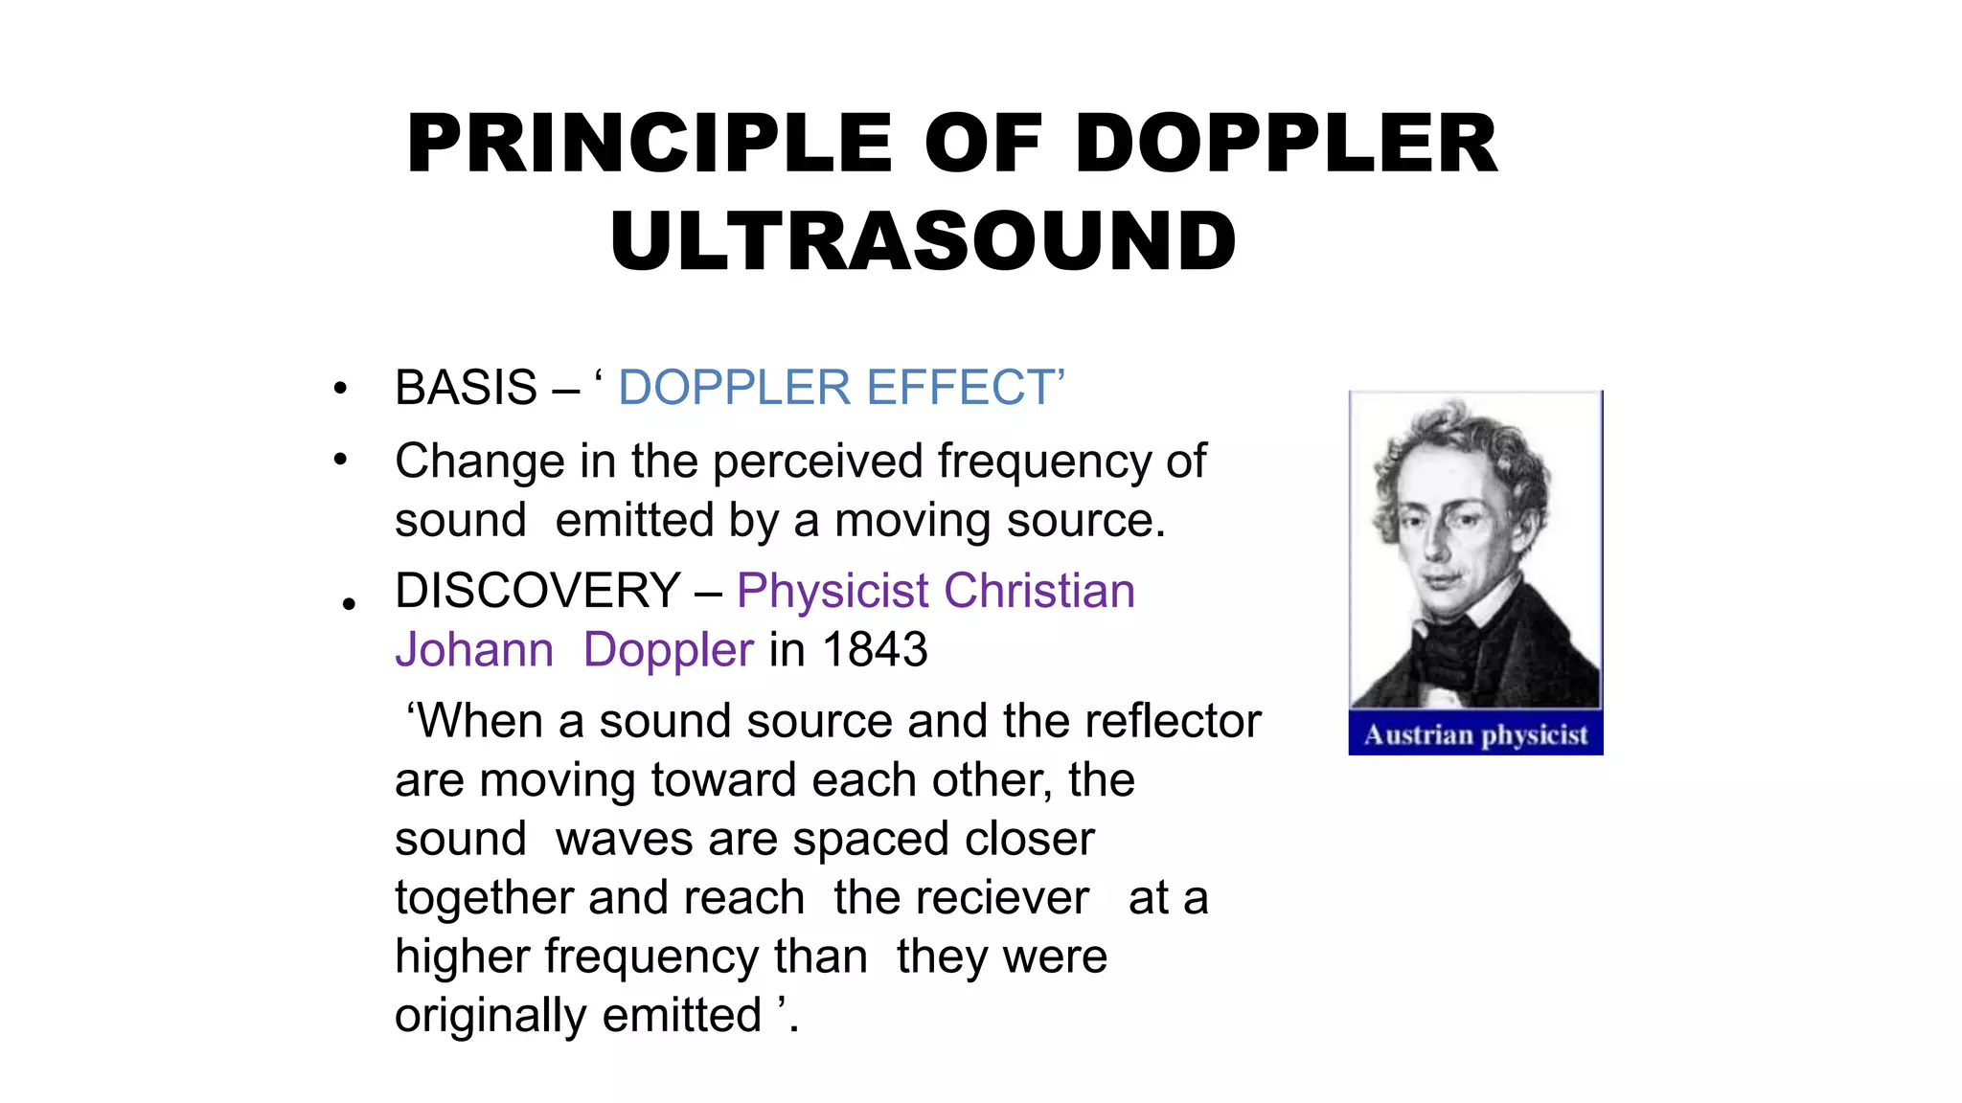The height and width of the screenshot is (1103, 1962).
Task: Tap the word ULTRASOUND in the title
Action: point(924,241)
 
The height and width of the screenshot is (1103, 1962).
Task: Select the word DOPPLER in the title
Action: point(1287,145)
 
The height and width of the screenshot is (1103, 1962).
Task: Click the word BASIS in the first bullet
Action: point(467,389)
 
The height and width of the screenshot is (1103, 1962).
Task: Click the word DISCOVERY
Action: point(537,591)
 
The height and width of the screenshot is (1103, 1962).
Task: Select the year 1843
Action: point(875,650)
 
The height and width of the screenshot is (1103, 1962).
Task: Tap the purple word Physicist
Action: point(833,591)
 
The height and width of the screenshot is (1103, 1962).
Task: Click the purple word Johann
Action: point(474,650)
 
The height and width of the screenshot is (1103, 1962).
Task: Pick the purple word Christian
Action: point(1039,591)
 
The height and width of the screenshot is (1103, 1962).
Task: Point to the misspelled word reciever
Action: point(961,898)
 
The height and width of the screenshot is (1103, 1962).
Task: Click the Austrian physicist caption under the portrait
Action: point(1475,734)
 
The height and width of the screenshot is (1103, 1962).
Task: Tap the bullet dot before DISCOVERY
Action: point(349,603)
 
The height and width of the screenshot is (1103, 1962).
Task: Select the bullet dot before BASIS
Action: point(340,390)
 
